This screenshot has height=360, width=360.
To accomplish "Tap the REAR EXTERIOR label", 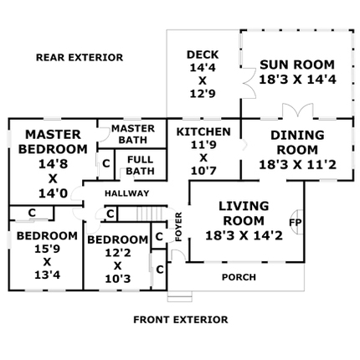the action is (80, 58).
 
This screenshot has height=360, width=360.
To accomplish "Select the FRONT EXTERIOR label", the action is (181, 320).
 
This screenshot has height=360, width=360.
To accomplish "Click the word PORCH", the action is (239, 277).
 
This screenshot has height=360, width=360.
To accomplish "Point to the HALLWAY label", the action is (127, 193).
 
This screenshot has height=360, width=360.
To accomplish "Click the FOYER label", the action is (178, 227).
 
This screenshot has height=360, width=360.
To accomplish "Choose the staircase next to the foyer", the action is (149, 213).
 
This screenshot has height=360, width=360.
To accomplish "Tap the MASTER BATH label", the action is (133, 134).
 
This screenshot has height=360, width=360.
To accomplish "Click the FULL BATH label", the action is (141, 165).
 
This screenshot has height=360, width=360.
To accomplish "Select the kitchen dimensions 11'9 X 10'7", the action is (203, 157).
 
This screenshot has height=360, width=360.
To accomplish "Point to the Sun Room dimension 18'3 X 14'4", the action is (297, 80).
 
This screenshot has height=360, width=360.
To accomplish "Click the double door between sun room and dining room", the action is (297, 111).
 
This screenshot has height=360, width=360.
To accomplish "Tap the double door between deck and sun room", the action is (249, 83).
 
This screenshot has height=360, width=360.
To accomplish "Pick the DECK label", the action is (203, 54).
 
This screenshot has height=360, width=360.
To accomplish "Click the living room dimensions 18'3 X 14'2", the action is (244, 235).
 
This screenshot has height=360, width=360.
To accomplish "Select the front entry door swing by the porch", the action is (178, 255).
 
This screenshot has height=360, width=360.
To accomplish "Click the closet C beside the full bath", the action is (106, 163).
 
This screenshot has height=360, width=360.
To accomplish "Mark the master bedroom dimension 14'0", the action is (53, 193).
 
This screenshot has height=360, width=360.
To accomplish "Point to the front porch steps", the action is (180, 296).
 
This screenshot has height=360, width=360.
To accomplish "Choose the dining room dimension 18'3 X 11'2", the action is (297, 165).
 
